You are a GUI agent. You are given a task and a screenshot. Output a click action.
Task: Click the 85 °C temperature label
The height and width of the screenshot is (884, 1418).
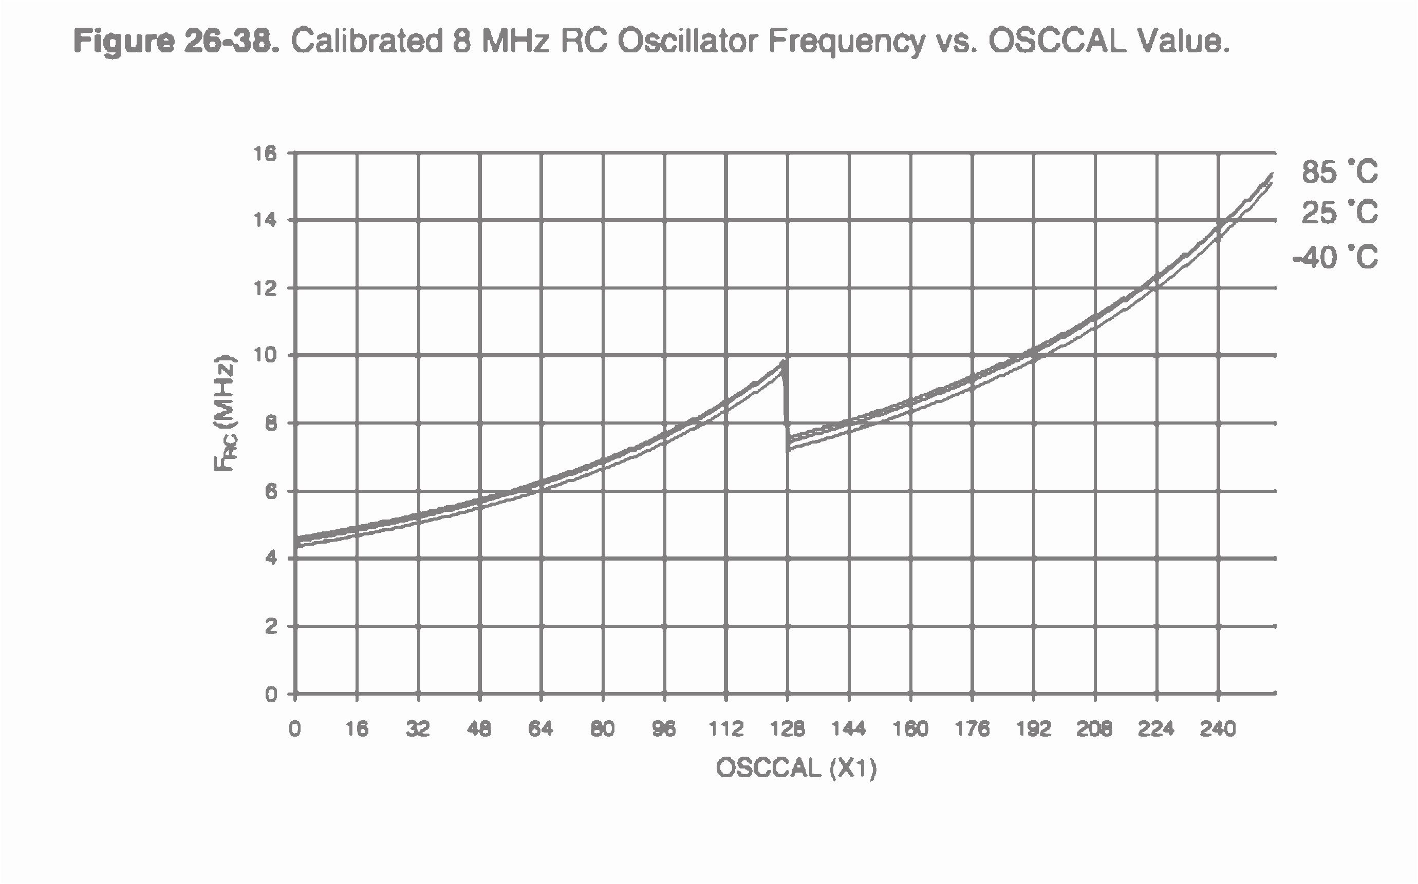[x=1339, y=172]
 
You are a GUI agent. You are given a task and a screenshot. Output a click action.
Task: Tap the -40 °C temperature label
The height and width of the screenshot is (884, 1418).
[x=1335, y=257]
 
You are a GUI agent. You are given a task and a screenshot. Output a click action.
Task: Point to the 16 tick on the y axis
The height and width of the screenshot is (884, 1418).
[x=265, y=154]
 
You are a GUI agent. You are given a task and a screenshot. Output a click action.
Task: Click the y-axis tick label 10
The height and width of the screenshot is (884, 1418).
[x=265, y=355]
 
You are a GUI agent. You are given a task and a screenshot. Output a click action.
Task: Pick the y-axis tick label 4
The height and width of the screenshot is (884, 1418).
[x=270, y=559]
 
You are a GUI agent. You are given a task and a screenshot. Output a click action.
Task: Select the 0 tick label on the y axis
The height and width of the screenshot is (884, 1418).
[x=270, y=695]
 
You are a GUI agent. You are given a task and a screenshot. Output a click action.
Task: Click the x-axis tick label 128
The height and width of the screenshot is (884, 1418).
[x=788, y=729]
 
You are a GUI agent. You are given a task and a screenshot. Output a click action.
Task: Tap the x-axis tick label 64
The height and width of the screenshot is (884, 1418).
[x=540, y=729]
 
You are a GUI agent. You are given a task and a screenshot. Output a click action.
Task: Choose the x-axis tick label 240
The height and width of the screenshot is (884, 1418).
[x=1218, y=729]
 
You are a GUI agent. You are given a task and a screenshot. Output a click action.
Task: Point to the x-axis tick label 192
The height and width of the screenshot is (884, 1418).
[x=1034, y=729]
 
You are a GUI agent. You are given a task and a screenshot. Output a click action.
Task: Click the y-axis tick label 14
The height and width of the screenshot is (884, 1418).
[x=265, y=220]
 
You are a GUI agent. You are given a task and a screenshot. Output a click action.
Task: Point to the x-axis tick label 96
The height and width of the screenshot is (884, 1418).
[x=664, y=729]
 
